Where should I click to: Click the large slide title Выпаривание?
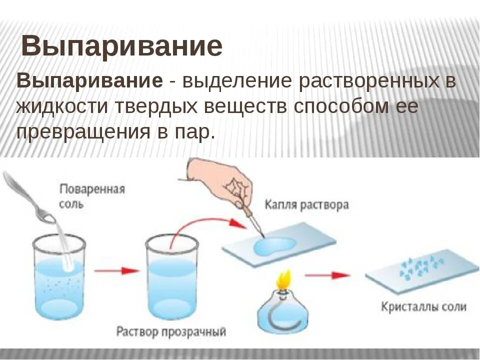click(122, 47)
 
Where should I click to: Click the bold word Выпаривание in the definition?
click(90, 81)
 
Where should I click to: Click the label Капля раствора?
click(306, 205)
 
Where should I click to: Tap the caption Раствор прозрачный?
click(171, 331)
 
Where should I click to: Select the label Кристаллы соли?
click(423, 306)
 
